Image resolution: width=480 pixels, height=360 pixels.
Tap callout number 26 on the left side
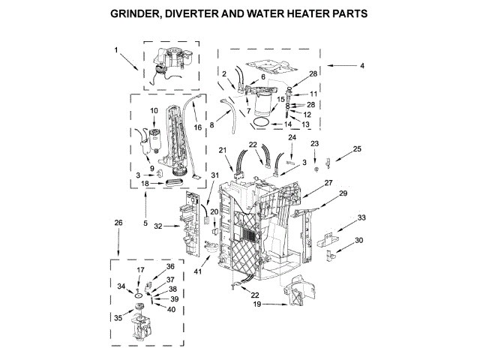tap(117, 222)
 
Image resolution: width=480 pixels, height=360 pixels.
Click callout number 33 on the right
tap(361, 217)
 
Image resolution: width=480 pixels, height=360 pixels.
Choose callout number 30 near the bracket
tap(359, 240)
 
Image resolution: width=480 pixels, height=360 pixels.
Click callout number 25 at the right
tap(357, 149)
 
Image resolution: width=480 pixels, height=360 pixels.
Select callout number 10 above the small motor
tap(154, 111)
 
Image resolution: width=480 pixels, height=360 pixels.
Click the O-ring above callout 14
tap(260, 120)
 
